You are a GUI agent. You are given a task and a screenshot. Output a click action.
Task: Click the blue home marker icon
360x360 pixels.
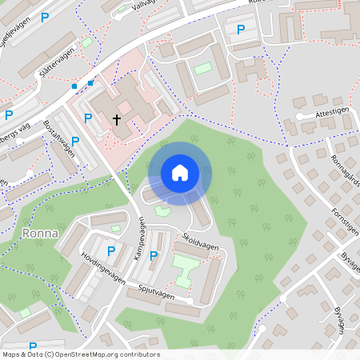tap(180, 173)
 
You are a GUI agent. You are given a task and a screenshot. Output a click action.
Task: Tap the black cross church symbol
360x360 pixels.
tap(117, 121)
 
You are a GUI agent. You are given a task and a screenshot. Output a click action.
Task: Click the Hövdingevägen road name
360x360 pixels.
tap(104, 268)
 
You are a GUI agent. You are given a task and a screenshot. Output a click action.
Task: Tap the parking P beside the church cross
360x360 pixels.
tap(88, 118)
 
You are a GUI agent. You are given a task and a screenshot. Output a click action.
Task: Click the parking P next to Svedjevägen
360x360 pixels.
tap(45, 16)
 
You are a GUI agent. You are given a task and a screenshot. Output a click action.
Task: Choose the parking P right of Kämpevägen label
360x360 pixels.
tap(154, 256)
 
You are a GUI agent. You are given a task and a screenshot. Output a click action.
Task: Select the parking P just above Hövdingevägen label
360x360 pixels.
tap(111, 250)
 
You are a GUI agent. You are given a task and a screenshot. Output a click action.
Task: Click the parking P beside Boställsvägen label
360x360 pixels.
tap(75, 141)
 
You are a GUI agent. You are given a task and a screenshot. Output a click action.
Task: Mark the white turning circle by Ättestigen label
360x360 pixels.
tap(298, 117)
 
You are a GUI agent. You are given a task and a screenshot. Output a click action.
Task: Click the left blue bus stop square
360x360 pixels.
tap(74, 86)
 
